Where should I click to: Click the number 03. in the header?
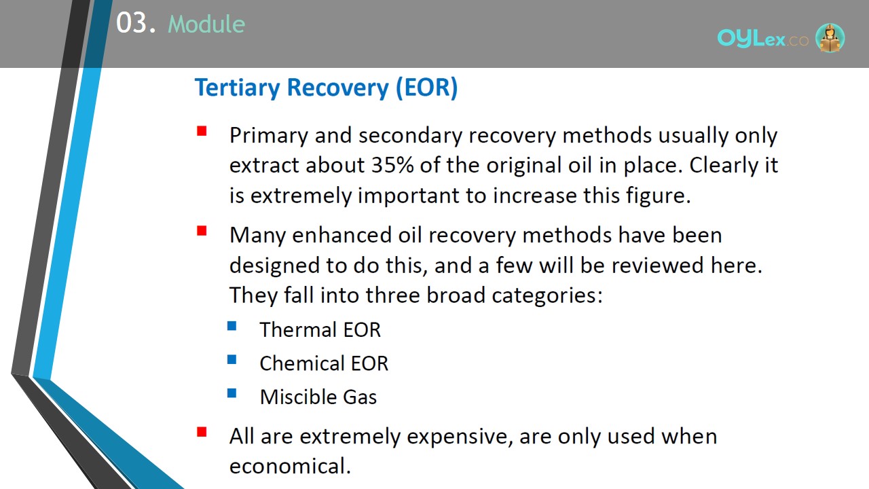coord(136,23)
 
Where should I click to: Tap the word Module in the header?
coord(206,24)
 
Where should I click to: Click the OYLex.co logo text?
coord(762,39)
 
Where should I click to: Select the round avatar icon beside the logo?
coord(830,37)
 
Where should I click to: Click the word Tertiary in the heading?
coord(237,88)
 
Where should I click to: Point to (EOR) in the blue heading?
coord(427,88)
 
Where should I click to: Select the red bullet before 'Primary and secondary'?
coord(202,131)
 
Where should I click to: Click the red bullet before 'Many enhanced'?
coord(202,231)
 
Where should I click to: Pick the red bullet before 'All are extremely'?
coord(202,432)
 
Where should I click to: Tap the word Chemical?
coord(302,363)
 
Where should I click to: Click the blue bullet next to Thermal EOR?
coord(232,325)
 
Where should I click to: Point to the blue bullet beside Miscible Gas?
coord(232,393)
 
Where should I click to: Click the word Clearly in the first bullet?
coord(724,166)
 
